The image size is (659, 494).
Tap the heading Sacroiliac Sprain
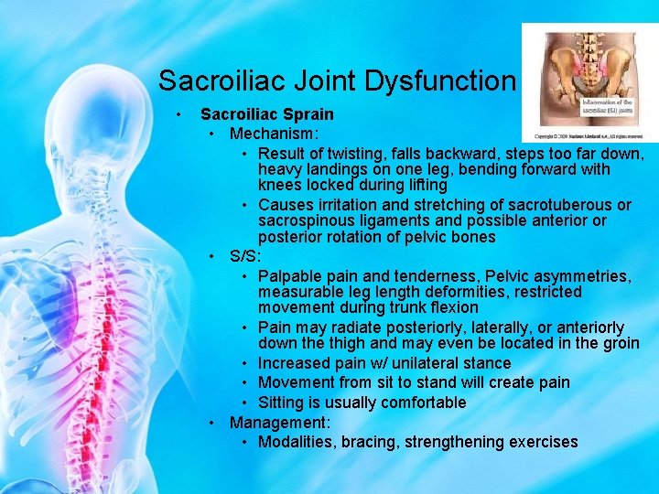[267, 114]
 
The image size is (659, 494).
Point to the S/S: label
[245, 256]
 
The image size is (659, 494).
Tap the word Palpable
[289, 275]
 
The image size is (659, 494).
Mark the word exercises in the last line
[543, 442]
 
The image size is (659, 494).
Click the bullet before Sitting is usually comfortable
[246, 403]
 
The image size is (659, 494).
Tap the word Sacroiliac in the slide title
[223, 81]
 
